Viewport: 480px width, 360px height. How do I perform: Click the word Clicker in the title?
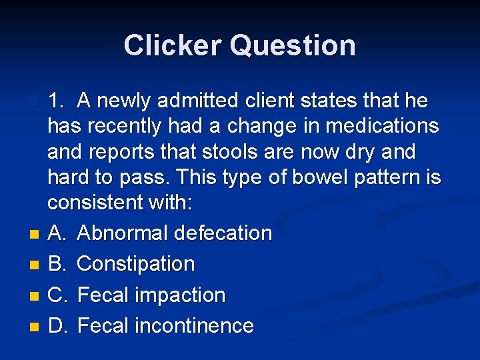(x=172, y=45)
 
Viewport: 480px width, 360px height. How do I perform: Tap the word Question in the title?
(x=293, y=45)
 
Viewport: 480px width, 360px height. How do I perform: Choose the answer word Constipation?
(x=136, y=264)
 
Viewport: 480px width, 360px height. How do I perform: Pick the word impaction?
(x=180, y=295)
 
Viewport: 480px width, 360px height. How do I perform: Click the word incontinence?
(x=194, y=325)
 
